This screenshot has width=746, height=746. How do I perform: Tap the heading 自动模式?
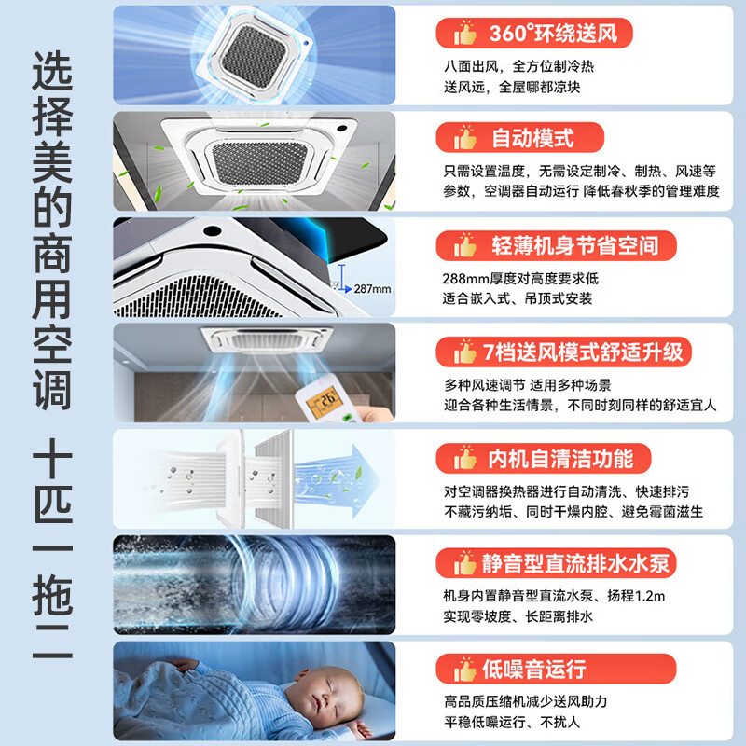point(532,139)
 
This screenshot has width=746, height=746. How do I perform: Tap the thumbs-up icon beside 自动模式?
point(464,140)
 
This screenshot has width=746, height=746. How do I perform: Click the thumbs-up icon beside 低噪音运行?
point(464,670)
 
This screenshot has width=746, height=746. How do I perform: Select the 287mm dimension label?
point(371,288)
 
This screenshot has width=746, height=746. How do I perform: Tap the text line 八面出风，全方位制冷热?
point(518,67)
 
